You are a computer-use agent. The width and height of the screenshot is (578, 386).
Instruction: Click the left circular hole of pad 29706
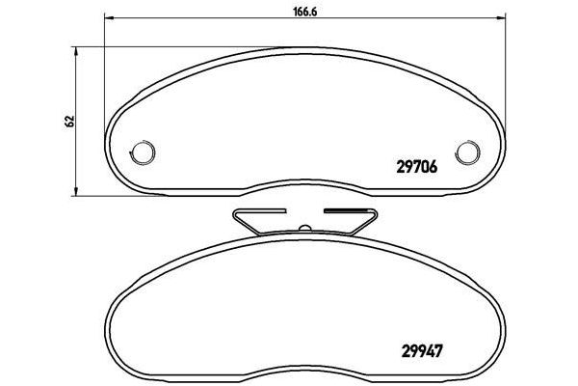point(143,152)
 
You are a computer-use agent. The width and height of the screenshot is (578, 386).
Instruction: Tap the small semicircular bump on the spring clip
point(303,228)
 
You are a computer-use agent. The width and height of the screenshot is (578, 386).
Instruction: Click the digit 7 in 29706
point(415,166)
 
